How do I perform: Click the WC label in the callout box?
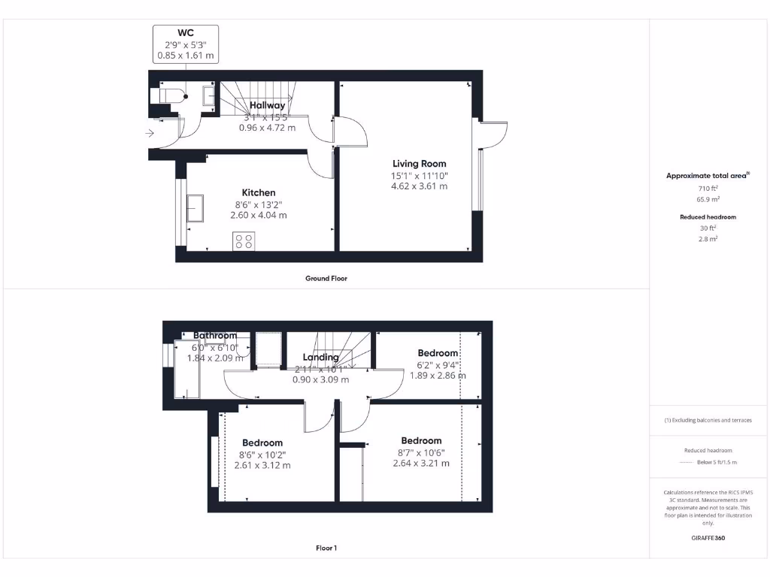184,32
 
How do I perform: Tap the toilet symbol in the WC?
168,96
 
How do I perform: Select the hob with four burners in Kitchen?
244,241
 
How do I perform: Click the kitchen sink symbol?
195,208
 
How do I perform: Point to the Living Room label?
419,164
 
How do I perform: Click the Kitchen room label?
258,193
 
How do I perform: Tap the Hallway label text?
268,106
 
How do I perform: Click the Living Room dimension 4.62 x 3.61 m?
419,186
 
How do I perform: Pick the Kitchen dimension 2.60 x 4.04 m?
258,216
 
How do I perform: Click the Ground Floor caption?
326,279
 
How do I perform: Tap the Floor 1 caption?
326,548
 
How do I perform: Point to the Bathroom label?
215,336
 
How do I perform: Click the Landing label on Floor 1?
321,358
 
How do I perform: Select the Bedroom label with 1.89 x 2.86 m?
438,353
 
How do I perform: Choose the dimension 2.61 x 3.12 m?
262,466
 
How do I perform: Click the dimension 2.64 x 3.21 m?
421,464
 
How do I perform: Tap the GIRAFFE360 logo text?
707,538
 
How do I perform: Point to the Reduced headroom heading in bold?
708,217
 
